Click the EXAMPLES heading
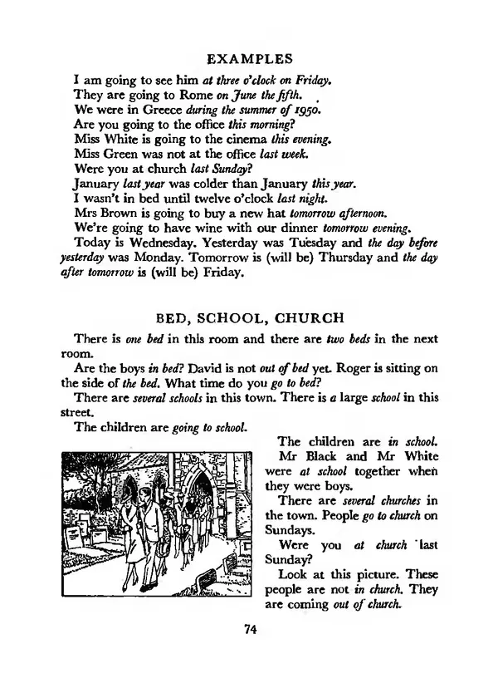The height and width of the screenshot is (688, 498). pos(249,59)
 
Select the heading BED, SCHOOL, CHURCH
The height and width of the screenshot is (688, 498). pos(249,317)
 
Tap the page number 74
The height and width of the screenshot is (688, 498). pos(249,629)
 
